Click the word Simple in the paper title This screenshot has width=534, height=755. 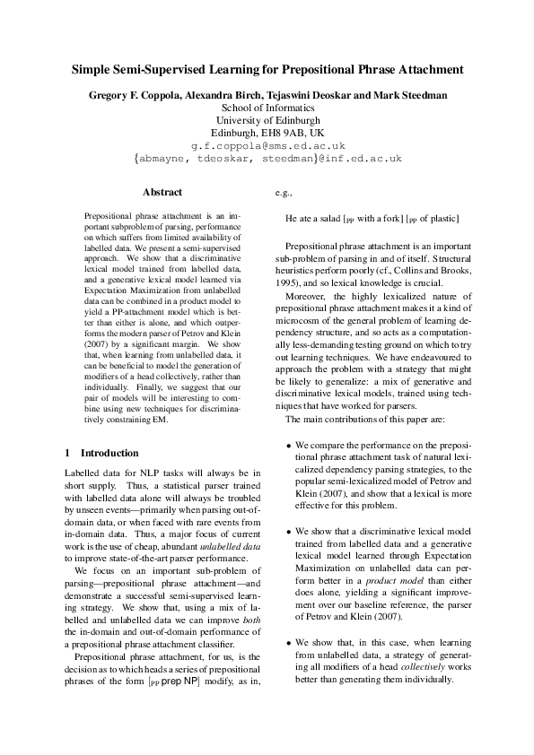click(x=92, y=69)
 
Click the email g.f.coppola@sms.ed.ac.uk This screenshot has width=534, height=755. click(x=267, y=145)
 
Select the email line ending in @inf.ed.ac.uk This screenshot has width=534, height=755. click(x=267, y=159)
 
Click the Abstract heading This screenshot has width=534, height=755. click(x=162, y=192)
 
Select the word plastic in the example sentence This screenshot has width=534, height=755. click(x=444, y=218)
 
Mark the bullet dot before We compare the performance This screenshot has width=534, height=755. click(x=288, y=446)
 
